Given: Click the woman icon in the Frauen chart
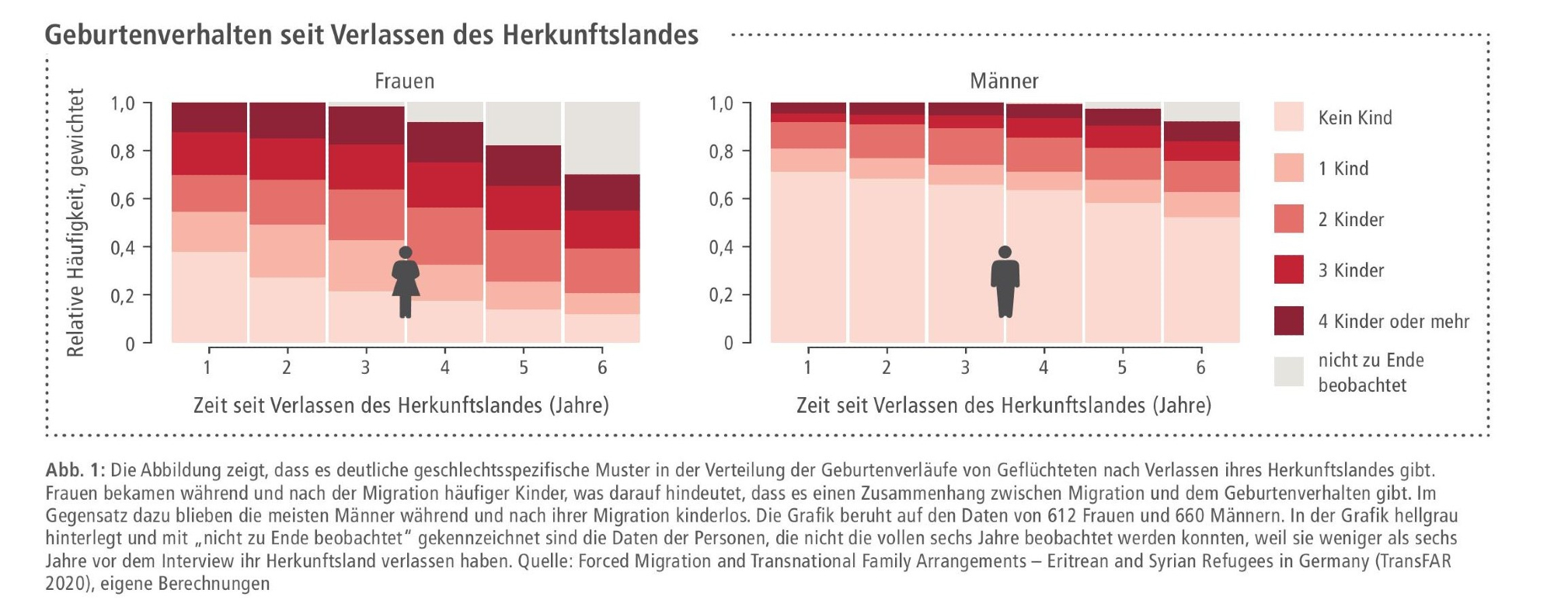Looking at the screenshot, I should pos(406,281).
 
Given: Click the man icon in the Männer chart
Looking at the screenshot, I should pos(1005,281).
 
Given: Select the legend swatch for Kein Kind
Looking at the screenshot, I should pos(1288,117).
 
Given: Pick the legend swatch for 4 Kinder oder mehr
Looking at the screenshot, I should pos(1288,321).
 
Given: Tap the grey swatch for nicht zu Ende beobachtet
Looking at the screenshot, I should pos(1288,372).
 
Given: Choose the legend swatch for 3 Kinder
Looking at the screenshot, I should pos(1288,270).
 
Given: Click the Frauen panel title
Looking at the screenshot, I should pos(404,81).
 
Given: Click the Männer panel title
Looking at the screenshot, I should pos(1004,81).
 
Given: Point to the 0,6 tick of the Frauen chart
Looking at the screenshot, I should pos(123,199).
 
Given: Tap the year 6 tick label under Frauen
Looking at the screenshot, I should pos(602,367).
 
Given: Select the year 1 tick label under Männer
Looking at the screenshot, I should pos(808,367).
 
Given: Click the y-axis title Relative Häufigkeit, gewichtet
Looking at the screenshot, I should pos(75,222).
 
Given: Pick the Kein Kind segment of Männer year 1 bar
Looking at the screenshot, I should pos(808,256).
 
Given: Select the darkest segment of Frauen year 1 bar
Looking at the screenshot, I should pos(209,117).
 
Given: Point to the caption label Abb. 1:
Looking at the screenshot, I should pos(75,470).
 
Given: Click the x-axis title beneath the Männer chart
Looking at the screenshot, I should pos(1003,405).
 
